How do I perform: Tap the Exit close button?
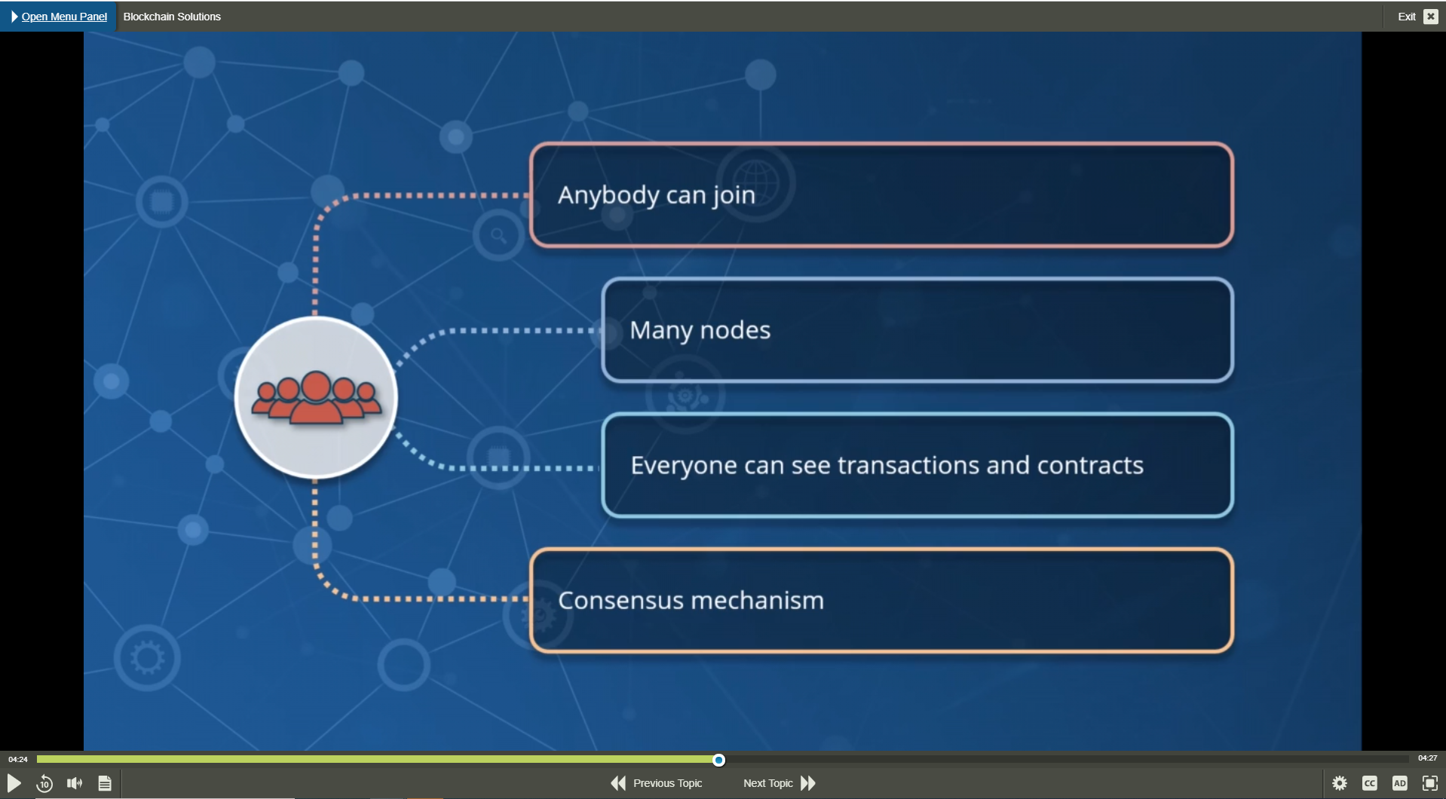click(1430, 17)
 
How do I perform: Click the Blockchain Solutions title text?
click(172, 17)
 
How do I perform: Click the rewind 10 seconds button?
click(44, 783)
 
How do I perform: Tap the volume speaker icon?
click(75, 783)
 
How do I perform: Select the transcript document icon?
click(105, 783)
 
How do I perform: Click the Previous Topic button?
click(657, 783)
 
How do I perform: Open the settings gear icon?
click(1340, 783)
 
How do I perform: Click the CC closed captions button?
click(1370, 783)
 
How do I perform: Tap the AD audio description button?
click(1400, 783)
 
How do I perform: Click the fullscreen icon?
click(1430, 783)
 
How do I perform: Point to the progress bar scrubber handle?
click(718, 760)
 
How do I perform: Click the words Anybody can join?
click(657, 195)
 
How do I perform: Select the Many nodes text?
click(700, 330)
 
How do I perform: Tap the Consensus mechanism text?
click(691, 600)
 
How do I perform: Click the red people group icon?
click(317, 397)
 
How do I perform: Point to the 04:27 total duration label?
click(1427, 758)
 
